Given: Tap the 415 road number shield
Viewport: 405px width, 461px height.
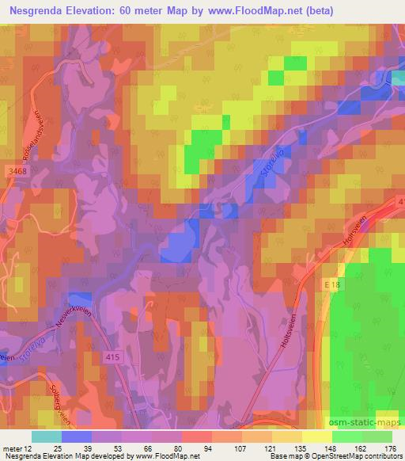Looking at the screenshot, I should pos(115,359).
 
